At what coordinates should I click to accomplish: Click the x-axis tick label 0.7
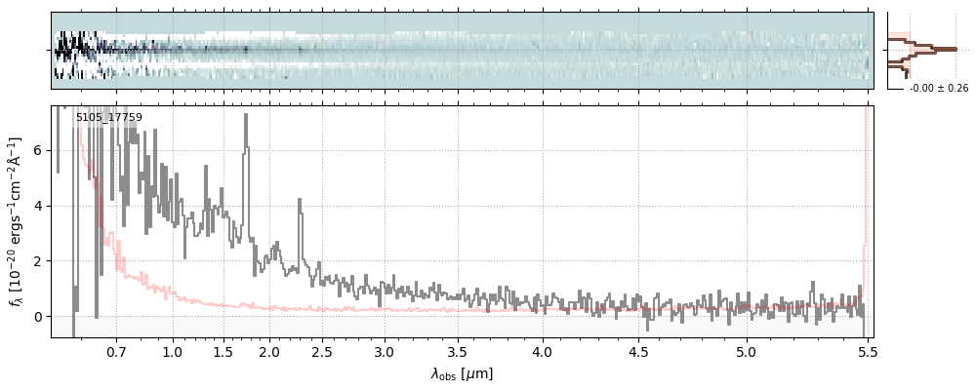click(116, 350)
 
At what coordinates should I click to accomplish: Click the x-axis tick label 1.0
click(173, 350)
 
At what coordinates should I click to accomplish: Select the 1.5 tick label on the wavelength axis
click(223, 350)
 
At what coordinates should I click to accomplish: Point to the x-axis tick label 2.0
click(269, 350)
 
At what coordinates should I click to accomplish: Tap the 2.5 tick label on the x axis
click(322, 350)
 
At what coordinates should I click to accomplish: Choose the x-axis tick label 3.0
click(385, 350)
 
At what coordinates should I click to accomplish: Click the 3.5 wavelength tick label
click(460, 350)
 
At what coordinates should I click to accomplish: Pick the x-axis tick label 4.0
click(543, 350)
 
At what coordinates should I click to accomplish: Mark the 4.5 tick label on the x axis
click(638, 350)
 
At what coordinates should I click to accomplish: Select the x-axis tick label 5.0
click(747, 350)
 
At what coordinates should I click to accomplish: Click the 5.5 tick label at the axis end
click(868, 350)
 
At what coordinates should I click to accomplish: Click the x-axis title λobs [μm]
click(462, 373)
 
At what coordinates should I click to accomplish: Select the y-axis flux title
click(16, 221)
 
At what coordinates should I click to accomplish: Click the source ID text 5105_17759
click(109, 118)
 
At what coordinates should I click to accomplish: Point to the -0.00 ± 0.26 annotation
click(939, 89)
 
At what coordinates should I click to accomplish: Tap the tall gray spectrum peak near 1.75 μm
click(246, 117)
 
